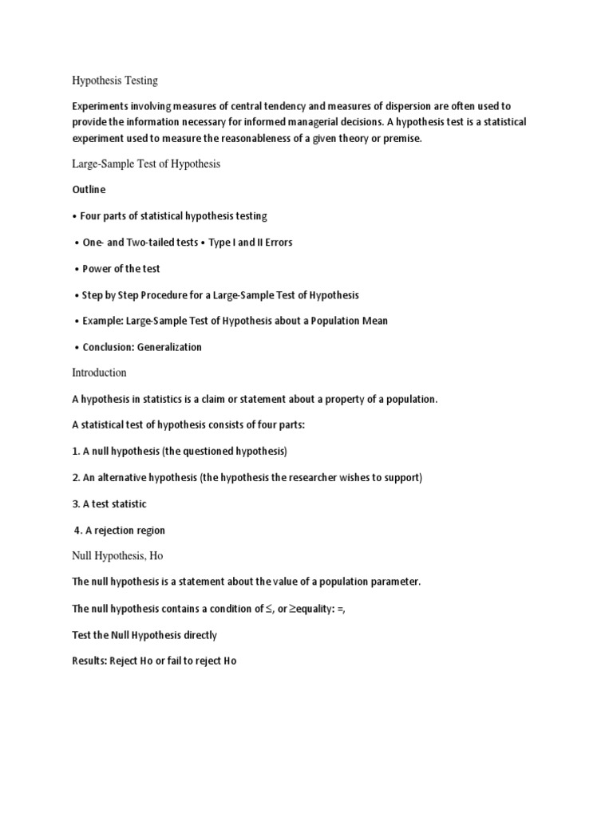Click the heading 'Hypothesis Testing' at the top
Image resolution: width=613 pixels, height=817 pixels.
(115, 81)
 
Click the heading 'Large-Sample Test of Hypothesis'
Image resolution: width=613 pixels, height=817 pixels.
(146, 164)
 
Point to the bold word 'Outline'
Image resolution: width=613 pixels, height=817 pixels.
(89, 190)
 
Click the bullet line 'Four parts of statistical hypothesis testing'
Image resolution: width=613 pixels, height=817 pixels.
(173, 216)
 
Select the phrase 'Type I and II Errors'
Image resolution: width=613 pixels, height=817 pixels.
(251, 243)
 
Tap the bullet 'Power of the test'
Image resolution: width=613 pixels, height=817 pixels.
(121, 269)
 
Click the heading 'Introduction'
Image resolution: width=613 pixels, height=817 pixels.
(99, 373)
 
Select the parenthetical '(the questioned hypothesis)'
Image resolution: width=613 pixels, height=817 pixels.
(224, 452)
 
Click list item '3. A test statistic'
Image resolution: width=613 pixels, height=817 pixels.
(109, 504)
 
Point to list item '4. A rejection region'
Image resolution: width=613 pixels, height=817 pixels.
(120, 531)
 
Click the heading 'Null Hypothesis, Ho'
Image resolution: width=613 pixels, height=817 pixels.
(117, 556)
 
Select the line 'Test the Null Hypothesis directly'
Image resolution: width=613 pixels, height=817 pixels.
(144, 635)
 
